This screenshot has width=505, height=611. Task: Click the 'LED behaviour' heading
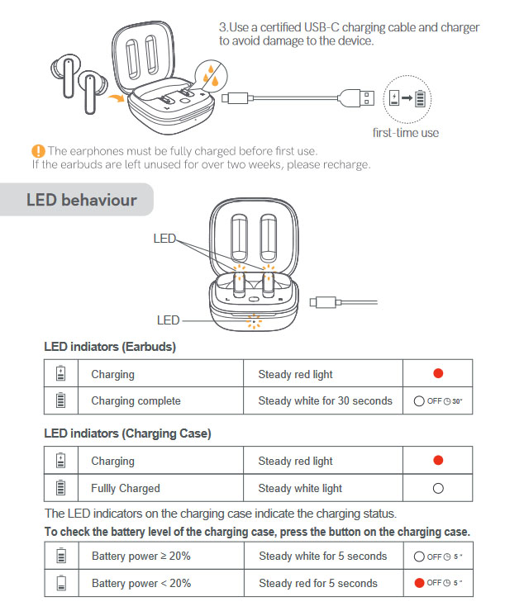81,200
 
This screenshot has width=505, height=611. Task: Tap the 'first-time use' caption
405,132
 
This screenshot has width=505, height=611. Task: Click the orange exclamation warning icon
38,150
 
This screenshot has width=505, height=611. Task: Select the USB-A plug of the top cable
369,97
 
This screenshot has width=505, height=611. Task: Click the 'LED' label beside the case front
168,320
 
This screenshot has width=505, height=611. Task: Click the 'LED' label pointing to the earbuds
164,238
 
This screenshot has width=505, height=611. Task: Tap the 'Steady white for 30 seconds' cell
325,400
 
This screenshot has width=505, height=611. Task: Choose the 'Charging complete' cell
136,400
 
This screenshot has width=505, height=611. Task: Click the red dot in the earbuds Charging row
438,373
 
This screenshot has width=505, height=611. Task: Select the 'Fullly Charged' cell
126,488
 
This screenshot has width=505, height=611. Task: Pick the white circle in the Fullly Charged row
438,488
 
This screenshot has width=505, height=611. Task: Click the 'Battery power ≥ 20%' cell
141,556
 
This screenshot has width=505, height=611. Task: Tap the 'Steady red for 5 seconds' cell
317,583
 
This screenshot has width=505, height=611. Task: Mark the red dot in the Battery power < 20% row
419,583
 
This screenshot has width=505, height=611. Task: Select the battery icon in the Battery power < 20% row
60,583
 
